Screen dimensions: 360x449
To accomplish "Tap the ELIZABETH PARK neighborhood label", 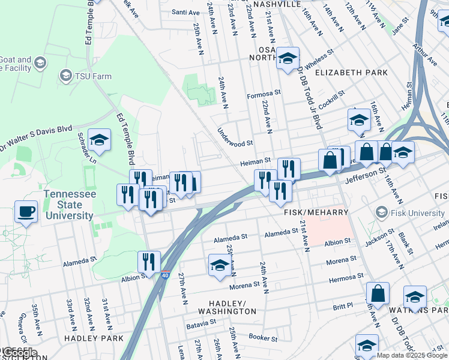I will (x=351, y=73).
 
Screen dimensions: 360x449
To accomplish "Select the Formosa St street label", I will (x=264, y=94).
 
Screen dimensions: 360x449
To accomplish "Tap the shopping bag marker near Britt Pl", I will (x=378, y=294).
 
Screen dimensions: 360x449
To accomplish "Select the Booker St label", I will (x=263, y=338).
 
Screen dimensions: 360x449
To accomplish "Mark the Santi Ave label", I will (x=185, y=12).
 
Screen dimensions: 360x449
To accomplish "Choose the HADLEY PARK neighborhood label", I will (x=94, y=338).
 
